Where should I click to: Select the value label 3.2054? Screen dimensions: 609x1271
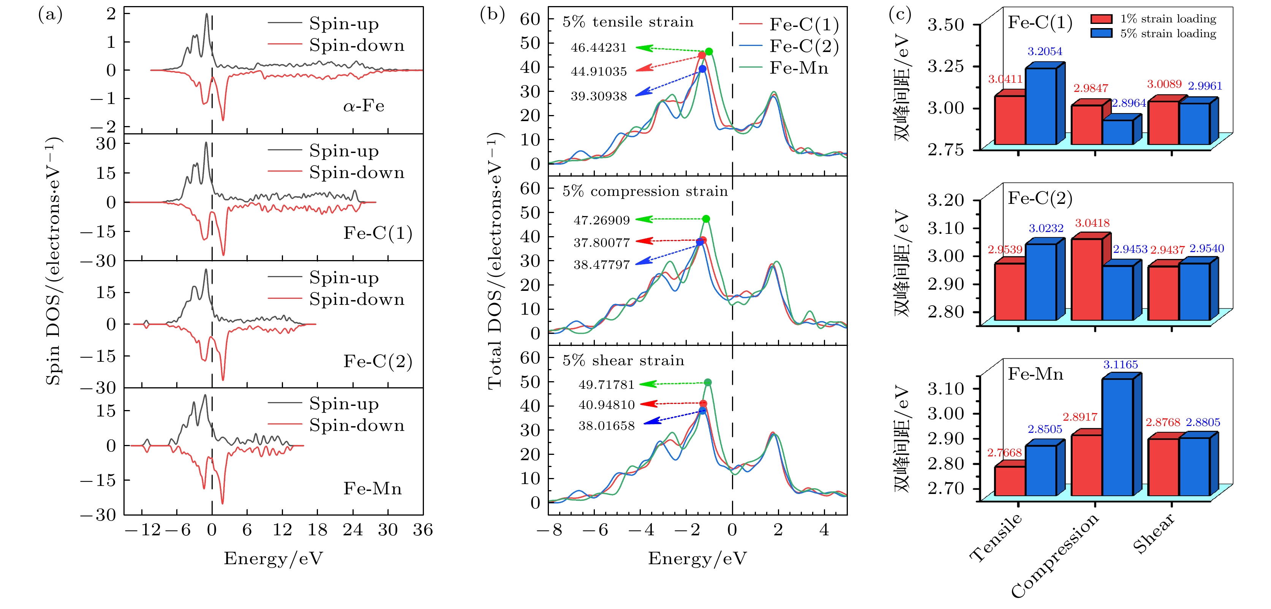click(x=1045, y=51)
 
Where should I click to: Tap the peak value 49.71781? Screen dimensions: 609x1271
click(x=606, y=384)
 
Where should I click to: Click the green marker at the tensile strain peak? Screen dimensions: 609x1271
click(x=709, y=51)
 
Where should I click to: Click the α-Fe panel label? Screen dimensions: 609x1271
click(x=363, y=106)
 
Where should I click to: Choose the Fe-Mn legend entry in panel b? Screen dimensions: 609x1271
click(x=798, y=68)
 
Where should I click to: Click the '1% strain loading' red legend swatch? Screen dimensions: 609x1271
click(x=1101, y=19)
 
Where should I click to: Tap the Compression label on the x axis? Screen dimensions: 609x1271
click(x=1055, y=555)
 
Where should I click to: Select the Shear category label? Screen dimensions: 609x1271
click(x=1154, y=533)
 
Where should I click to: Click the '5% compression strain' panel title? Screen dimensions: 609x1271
click(x=645, y=191)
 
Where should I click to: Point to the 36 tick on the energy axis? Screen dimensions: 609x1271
click(x=423, y=530)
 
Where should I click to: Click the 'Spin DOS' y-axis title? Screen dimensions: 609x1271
click(x=53, y=261)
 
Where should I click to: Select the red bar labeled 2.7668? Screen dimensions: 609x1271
click(x=1010, y=481)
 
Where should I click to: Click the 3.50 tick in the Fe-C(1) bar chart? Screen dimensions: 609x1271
click(x=945, y=24)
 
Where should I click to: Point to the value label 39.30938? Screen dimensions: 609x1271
click(x=599, y=96)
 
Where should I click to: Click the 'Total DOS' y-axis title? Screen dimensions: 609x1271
click(x=495, y=261)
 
